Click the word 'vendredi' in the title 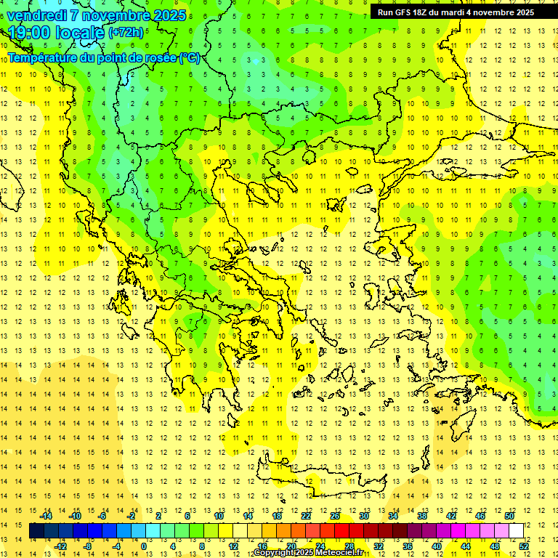[39, 15]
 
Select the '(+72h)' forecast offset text [126, 33]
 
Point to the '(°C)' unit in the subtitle [190, 58]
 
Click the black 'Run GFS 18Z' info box [456, 12]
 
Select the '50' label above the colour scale [509, 516]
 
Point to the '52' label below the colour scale [524, 546]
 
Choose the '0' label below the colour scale [143, 546]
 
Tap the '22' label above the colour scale [306, 516]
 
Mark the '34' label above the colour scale [393, 516]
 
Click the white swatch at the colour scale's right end [516, 531]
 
